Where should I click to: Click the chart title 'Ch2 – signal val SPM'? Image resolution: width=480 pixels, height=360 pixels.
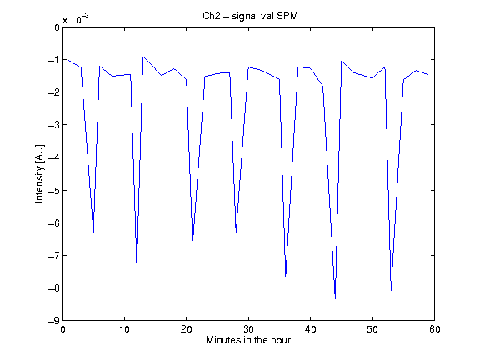tap(250, 16)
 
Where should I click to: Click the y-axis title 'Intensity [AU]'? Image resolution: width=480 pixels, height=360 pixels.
tap(40, 173)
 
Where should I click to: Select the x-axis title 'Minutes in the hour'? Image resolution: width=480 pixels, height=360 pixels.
tap(248, 340)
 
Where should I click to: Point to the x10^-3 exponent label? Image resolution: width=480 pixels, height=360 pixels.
tap(76, 18)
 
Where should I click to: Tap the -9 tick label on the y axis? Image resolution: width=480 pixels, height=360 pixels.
tap(54, 321)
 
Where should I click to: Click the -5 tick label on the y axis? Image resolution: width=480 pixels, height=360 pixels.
tap(54, 190)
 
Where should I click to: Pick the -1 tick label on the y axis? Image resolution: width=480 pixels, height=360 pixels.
tap(54, 60)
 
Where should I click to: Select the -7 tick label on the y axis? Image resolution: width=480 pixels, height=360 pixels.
tap(54, 255)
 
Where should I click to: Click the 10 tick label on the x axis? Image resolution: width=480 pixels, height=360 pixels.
tap(124, 329)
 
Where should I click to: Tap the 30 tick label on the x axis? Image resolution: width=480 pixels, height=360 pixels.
tap(248, 329)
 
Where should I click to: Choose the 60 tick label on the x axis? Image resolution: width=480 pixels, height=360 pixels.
tap(434, 329)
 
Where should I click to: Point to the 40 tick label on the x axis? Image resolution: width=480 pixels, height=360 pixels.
tap(310, 329)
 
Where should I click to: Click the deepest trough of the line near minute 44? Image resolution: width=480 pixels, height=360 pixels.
tap(336, 298)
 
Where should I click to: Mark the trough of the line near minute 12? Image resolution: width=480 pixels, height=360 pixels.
tap(137, 267)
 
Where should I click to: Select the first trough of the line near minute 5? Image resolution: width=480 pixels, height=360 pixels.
tap(93, 232)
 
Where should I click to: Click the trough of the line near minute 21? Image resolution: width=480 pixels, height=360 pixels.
tap(192, 243)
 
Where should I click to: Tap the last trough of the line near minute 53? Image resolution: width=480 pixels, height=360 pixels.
tap(391, 290)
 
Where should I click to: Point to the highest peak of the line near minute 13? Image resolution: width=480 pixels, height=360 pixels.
tap(143, 57)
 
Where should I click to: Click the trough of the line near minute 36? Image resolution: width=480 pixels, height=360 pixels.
tap(286, 276)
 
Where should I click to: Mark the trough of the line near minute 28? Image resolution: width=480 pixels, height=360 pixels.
tap(236, 232)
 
